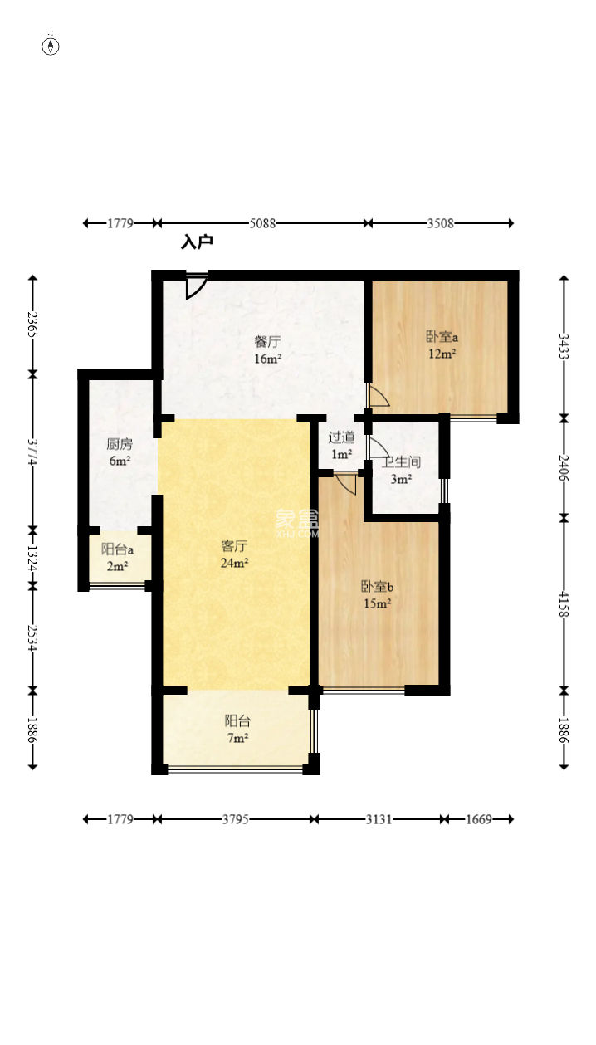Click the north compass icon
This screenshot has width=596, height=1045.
(x=51, y=46)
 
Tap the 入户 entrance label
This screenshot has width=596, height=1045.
(x=197, y=242)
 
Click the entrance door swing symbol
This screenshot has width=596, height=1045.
(x=196, y=286)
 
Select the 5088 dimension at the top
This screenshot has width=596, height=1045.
(x=262, y=223)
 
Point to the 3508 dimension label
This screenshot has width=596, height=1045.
(x=440, y=223)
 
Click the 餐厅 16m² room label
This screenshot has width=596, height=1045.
(x=267, y=350)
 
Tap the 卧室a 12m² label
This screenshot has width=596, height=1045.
(x=442, y=344)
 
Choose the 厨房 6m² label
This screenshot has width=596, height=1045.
(x=120, y=452)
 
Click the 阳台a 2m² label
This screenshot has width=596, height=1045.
(x=118, y=558)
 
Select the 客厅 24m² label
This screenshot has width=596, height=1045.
(x=234, y=554)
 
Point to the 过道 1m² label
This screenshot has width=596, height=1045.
(x=341, y=445)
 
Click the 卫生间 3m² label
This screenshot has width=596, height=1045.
(x=402, y=471)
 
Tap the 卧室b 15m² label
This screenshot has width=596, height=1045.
(x=377, y=595)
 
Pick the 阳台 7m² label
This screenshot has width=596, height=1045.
(x=237, y=729)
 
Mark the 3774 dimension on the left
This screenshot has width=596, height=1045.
(x=32, y=452)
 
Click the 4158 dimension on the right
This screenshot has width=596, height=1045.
(x=564, y=604)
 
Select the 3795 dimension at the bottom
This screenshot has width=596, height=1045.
(x=235, y=819)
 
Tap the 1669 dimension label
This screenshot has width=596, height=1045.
(x=479, y=819)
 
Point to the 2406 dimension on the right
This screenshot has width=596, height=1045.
(x=564, y=468)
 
